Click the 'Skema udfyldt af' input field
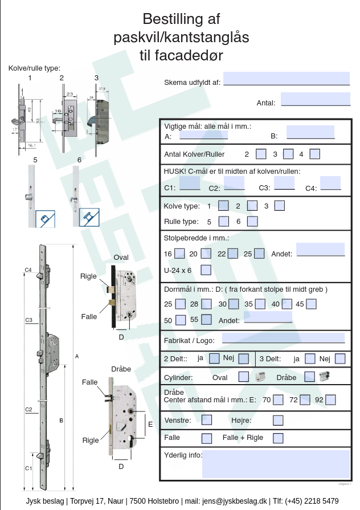pos(286,78)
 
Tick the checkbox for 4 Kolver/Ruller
pos(315,154)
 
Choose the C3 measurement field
pos(284,183)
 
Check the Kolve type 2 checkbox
pos(253,206)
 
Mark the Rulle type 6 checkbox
pos(253,221)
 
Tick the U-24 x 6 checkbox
pos(206,270)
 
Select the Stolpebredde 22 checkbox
pos(232,254)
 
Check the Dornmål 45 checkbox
pos(311,304)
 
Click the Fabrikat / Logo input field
pos(283,337)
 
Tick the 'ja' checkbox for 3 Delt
pos(310,358)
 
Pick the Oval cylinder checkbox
pos(243,377)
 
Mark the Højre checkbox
pos(278,421)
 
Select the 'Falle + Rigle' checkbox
pos(278,438)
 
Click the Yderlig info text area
pos(276,464)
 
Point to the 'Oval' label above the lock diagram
pos(121,258)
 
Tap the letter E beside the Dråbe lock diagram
pos(150,424)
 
